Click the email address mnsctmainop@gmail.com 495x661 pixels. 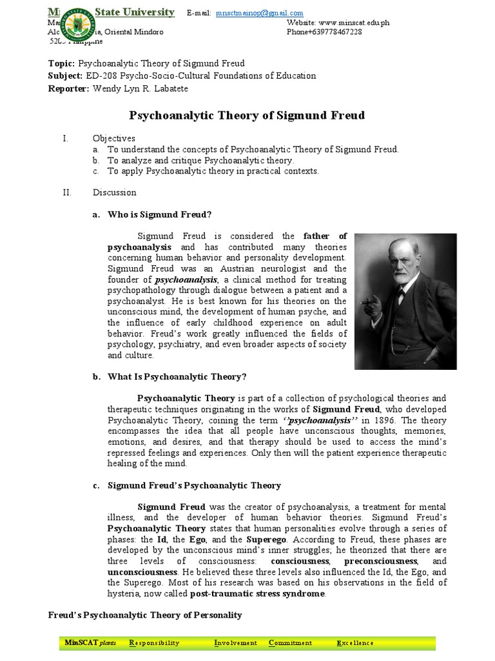click(x=260, y=13)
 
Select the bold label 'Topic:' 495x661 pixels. click(x=62, y=63)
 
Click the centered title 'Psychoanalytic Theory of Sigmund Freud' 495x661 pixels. click(x=247, y=116)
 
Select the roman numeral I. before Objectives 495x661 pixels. click(x=64, y=138)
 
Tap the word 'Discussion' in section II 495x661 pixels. click(x=114, y=192)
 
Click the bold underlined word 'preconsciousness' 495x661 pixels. click(x=380, y=561)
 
